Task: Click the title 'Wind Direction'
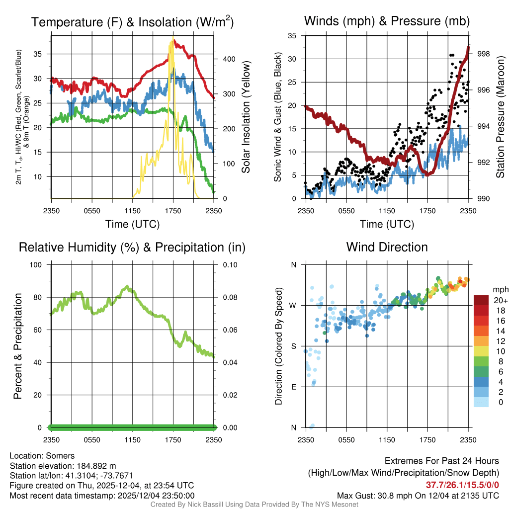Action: pyautogui.click(x=387, y=247)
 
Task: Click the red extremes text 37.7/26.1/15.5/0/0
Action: pyautogui.click(x=462, y=485)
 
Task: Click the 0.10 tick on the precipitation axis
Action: pyautogui.click(x=229, y=264)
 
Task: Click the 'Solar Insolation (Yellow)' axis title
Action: pyautogui.click(x=246, y=117)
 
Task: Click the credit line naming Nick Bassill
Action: pyautogui.click(x=254, y=505)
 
